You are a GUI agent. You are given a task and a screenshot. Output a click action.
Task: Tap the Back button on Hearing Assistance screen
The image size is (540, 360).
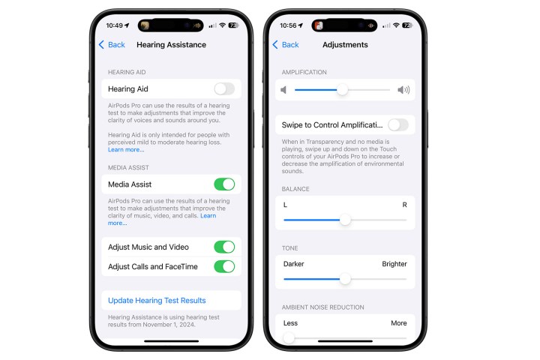112,45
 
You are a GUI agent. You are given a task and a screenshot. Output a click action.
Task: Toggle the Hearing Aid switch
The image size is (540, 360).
223,89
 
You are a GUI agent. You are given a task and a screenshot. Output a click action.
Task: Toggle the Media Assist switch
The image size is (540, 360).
223,184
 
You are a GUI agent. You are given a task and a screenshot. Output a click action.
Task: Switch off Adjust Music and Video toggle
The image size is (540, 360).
223,247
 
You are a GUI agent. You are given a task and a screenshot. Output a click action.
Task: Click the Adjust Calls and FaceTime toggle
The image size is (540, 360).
223,266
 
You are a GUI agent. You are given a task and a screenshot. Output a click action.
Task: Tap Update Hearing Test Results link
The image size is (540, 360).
157,301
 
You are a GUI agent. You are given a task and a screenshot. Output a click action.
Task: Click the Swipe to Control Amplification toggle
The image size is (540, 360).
397,124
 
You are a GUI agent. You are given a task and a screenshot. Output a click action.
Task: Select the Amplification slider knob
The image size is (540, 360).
342,90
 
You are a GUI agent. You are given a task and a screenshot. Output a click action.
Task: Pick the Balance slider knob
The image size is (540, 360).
345,220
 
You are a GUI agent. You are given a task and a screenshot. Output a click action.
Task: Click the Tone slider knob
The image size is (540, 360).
345,279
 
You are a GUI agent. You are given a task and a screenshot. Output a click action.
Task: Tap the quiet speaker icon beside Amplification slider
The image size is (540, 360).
284,90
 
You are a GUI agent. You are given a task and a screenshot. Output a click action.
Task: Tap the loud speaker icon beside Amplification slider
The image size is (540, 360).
403,90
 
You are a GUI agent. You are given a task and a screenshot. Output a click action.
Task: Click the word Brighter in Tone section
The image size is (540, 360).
394,264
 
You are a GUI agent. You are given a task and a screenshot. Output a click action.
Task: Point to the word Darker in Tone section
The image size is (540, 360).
294,264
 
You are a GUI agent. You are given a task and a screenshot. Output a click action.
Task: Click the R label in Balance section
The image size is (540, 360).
404,205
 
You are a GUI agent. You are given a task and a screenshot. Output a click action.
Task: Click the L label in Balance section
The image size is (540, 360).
285,205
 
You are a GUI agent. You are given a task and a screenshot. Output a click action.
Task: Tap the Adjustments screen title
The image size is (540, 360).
345,45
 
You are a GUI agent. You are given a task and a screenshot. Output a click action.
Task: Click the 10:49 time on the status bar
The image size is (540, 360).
115,25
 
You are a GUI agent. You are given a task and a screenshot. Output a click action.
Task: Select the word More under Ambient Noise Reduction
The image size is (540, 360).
398,323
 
